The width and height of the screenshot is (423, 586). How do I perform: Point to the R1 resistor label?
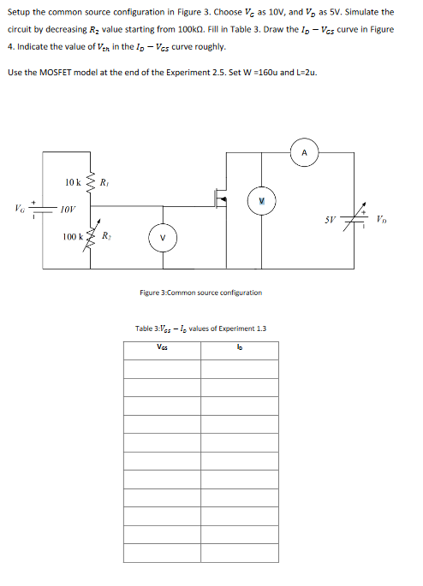point(104,181)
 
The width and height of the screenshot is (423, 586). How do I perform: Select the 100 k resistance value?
point(71,236)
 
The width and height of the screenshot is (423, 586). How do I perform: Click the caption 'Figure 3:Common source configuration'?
point(200,293)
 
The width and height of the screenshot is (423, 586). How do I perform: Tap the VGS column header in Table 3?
point(162,347)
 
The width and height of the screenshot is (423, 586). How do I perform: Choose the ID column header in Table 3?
point(239,347)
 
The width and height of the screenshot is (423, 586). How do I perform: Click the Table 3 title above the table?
point(200,329)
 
